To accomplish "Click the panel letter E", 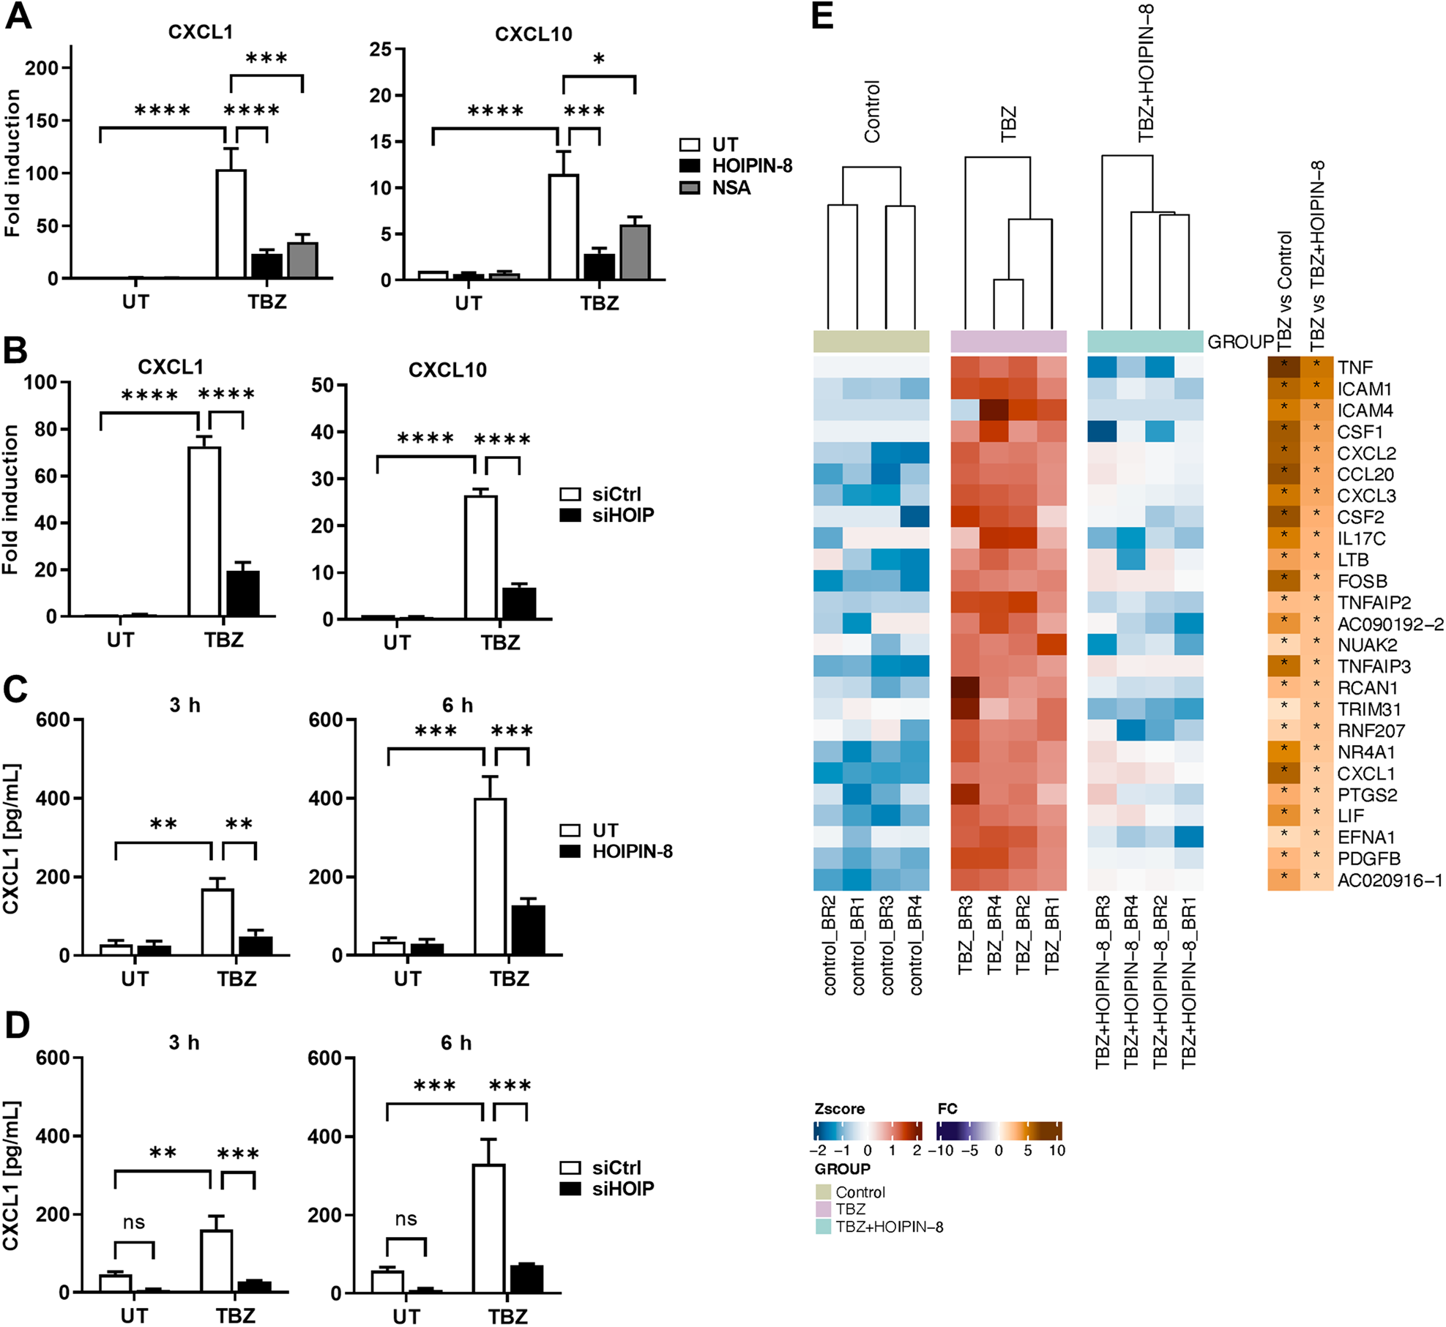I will pos(822,16).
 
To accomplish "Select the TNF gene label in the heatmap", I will pos(1354,367).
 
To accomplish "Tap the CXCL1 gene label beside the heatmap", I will pos(1365,774).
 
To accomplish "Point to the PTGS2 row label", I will pos(1367,795).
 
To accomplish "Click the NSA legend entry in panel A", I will pos(731,188).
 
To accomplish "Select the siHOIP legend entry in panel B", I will pos(622,515).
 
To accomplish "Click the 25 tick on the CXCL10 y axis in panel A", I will pos(381,50).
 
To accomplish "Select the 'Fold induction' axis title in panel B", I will pos(10,500).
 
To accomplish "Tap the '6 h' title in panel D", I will pos(455,1043).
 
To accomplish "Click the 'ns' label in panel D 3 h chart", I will pos(133,1222).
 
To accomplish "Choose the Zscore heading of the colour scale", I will pos(839,1109).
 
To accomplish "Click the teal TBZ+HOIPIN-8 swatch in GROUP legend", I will pos(823,1227).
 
